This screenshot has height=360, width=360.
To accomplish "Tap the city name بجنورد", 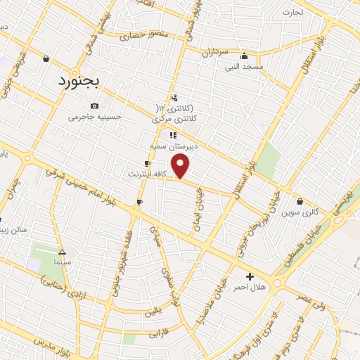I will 79,81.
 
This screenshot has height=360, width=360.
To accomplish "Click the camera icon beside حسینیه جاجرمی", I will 95,105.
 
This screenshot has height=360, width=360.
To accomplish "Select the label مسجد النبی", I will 243,66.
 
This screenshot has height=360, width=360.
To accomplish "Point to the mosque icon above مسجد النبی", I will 244,56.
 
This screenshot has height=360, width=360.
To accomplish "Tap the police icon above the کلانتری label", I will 174,98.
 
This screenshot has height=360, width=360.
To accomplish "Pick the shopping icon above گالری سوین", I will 300,201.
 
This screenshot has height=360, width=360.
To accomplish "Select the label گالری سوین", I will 300,212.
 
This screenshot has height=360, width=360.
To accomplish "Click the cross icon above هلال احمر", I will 250,276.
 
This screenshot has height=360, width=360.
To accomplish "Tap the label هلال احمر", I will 250,288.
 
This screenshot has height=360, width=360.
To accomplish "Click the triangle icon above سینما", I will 63,251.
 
